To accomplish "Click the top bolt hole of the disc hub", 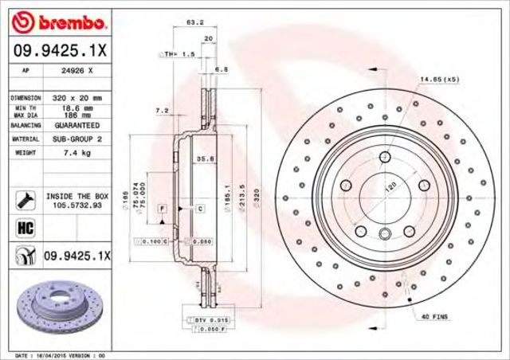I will pos(385,156).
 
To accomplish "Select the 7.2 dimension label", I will pos(161,111).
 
